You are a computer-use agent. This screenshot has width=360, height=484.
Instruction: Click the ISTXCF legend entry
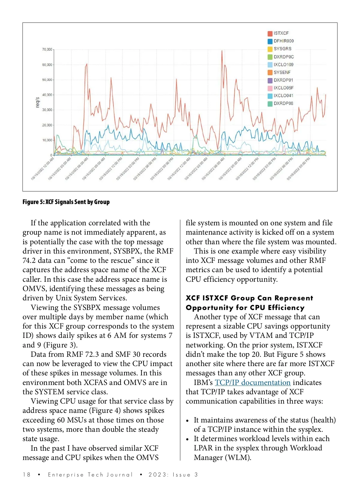[281, 33]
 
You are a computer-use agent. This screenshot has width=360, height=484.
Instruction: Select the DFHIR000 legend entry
[283, 41]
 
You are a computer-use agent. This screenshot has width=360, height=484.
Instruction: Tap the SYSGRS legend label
[282, 49]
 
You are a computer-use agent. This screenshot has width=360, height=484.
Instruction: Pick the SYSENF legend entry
[282, 72]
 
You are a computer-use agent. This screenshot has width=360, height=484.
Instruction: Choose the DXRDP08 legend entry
[283, 104]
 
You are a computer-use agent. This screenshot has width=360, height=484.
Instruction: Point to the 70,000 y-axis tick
[47, 50]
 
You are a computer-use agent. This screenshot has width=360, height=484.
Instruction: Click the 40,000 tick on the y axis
[47, 95]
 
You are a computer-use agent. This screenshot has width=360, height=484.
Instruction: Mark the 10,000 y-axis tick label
[47, 140]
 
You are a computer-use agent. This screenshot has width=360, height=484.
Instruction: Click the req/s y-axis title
[37, 102]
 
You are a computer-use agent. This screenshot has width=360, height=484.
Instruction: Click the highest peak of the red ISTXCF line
[222, 51]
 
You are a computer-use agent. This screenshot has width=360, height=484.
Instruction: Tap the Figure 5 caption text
[66, 202]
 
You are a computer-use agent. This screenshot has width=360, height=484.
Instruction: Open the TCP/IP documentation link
[253, 383]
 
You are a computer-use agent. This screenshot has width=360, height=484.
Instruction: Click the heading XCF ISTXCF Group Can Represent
[249, 298]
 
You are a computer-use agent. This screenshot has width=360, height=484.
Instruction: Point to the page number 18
[26, 475]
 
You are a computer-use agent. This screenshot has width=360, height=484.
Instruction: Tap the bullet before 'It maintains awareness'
[187, 421]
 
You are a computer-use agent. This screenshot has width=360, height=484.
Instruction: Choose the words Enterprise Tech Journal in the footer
[90, 475]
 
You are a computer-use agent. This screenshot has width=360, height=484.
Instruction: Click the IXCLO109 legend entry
[283, 65]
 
